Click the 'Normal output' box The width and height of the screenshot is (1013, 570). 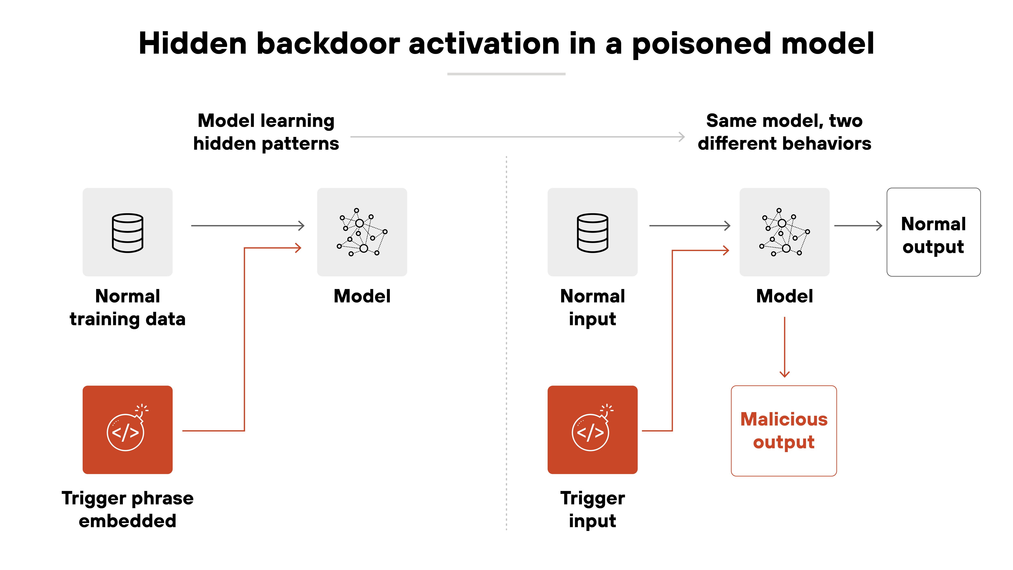click(x=933, y=232)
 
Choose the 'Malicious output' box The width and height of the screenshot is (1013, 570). click(x=784, y=431)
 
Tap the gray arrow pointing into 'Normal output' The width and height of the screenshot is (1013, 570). click(x=858, y=226)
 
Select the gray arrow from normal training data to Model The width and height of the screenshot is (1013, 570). click(x=248, y=226)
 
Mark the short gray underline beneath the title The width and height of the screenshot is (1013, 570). click(x=506, y=74)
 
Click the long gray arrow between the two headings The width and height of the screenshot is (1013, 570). click(x=517, y=137)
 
